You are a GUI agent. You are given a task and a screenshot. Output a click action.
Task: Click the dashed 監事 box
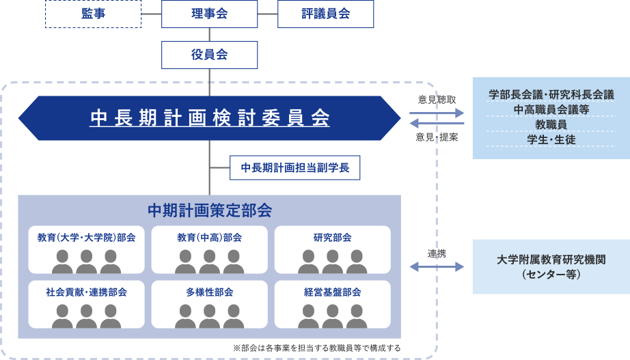click(93, 14)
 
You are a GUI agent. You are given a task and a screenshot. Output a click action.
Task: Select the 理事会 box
click(209, 14)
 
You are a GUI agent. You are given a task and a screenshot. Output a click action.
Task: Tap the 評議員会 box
click(325, 14)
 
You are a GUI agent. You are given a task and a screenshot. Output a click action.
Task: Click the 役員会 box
click(209, 55)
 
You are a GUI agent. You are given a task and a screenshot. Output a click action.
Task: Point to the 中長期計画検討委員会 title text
click(210, 119)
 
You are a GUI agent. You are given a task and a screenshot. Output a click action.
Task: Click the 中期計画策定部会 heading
click(210, 208)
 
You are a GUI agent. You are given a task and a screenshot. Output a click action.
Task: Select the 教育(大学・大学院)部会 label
click(87, 238)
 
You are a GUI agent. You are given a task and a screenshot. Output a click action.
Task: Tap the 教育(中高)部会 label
click(210, 238)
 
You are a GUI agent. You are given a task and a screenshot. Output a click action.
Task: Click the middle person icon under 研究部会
click(333, 262)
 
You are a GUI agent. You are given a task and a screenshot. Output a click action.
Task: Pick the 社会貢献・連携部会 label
click(87, 292)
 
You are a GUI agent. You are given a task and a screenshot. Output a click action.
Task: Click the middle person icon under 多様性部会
click(210, 316)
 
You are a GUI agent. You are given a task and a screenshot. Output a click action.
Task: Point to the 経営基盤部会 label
click(333, 292)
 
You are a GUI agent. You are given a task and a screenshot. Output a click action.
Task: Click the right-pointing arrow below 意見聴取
click(437, 112)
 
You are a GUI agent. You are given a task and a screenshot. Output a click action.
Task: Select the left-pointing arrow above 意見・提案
click(437, 124)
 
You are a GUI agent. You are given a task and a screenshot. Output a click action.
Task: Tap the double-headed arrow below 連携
click(437, 266)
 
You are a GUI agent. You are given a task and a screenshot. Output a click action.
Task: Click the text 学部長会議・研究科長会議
click(551, 94)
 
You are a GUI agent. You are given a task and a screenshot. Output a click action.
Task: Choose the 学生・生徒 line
click(551, 139)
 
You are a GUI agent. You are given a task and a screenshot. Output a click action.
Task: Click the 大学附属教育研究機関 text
click(551, 260)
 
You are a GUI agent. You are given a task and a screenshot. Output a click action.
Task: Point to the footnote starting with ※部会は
click(317, 348)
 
